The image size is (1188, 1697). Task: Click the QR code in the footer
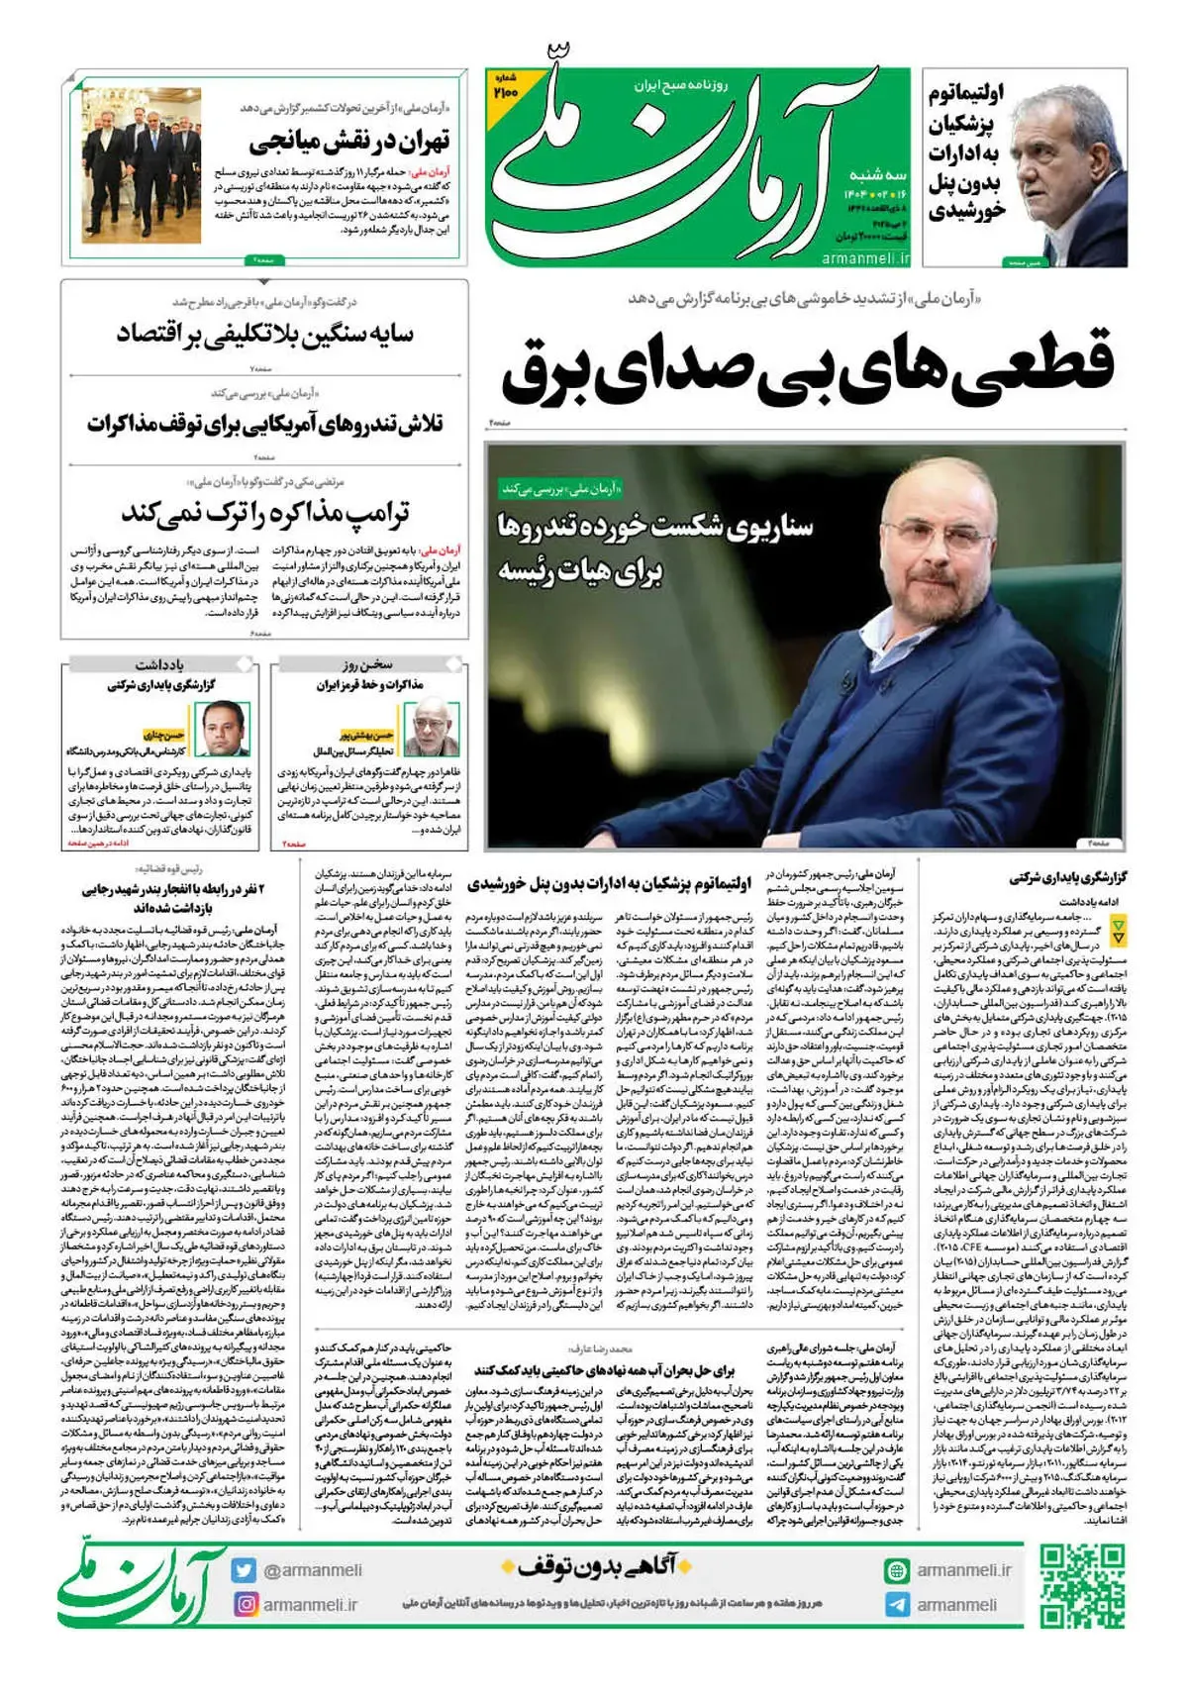1082,1585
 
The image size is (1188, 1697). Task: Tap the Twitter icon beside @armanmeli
244,1570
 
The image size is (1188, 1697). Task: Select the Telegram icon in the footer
897,1605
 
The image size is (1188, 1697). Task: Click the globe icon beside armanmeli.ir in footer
897,1570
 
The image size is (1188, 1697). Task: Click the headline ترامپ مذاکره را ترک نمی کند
264,513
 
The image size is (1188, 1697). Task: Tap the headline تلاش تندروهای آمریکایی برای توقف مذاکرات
264,425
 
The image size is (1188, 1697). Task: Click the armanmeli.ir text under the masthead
864,257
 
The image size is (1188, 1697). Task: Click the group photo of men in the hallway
142,164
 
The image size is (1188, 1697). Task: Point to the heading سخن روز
367,664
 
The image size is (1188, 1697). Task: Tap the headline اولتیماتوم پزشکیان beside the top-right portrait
966,151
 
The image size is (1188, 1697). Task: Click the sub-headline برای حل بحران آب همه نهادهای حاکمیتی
603,1370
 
